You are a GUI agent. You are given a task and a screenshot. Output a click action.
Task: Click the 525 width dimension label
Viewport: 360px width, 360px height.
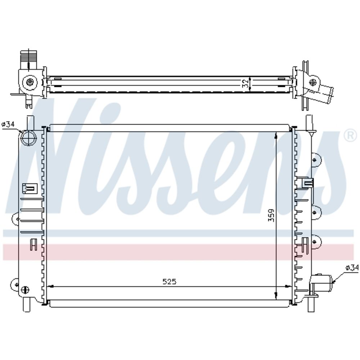(169, 282)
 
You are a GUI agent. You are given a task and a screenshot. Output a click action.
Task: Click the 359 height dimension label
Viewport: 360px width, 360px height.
(271, 215)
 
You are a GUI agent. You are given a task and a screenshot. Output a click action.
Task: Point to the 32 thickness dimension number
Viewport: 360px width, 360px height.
(246, 83)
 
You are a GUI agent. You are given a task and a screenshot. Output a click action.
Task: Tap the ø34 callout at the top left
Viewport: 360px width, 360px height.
(8, 125)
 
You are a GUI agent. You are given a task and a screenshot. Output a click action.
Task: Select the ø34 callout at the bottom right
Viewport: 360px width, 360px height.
(352, 267)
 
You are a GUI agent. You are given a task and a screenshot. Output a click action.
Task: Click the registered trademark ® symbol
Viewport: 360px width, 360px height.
(351, 136)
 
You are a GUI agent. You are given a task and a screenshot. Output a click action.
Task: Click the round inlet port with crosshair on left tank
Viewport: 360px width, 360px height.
(29, 139)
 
